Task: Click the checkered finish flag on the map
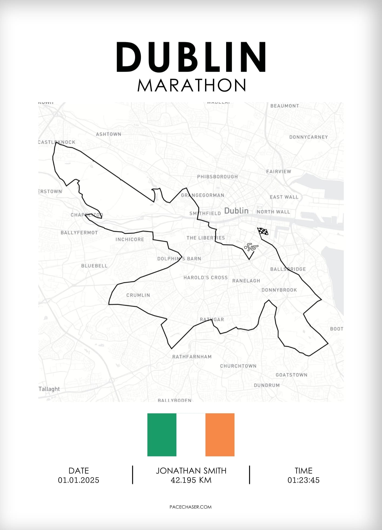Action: pos(263,231)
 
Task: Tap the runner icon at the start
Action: pos(251,247)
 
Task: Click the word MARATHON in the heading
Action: pos(192,85)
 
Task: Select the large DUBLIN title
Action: pos(191,57)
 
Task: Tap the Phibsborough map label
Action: pos(217,177)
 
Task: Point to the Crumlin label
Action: pos(138,295)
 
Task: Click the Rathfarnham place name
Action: pos(192,357)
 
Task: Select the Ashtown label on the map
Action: pos(109,134)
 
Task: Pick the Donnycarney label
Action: pos(309,137)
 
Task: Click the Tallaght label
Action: pos(49,389)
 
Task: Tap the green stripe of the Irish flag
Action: pos(162,435)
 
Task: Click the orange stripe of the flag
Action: pos(220,435)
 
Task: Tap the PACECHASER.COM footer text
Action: pos(190,507)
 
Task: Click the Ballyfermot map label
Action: pos(79,233)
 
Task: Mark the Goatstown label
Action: pos(291,375)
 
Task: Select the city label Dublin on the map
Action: pos(236,211)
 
